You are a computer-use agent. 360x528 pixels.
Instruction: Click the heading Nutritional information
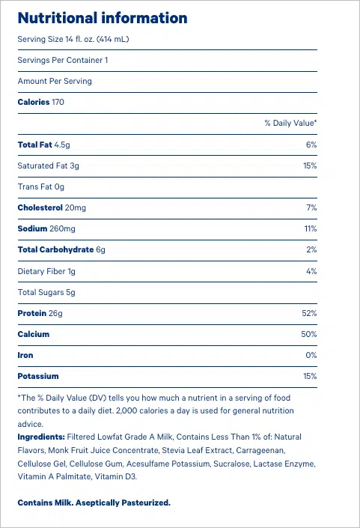(103, 18)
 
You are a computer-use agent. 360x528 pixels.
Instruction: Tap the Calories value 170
(58, 102)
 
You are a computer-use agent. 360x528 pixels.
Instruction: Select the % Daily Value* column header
(290, 123)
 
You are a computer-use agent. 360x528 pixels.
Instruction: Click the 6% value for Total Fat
(311, 145)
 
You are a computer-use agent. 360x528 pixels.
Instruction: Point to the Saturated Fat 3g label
(48, 166)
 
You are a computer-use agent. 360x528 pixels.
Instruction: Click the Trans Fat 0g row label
(40, 186)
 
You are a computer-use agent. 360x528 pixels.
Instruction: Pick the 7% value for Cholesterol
(311, 207)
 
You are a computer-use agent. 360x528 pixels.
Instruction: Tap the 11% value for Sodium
(311, 228)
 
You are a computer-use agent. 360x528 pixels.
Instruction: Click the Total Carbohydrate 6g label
(61, 249)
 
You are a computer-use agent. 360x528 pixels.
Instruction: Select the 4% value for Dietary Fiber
(311, 271)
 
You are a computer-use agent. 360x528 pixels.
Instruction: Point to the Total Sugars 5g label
(46, 292)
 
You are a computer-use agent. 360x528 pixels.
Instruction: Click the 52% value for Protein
(309, 313)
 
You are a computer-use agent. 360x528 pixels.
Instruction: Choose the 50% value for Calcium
(309, 334)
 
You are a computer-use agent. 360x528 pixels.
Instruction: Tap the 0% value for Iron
(311, 355)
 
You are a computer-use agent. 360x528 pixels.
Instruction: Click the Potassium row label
(38, 376)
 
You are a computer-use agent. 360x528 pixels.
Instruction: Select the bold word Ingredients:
(41, 437)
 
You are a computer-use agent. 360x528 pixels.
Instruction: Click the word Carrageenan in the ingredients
(260, 451)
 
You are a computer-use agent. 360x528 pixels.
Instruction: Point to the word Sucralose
(232, 464)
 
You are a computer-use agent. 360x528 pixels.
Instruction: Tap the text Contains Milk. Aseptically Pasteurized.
(94, 503)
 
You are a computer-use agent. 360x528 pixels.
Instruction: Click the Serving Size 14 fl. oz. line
(73, 39)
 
